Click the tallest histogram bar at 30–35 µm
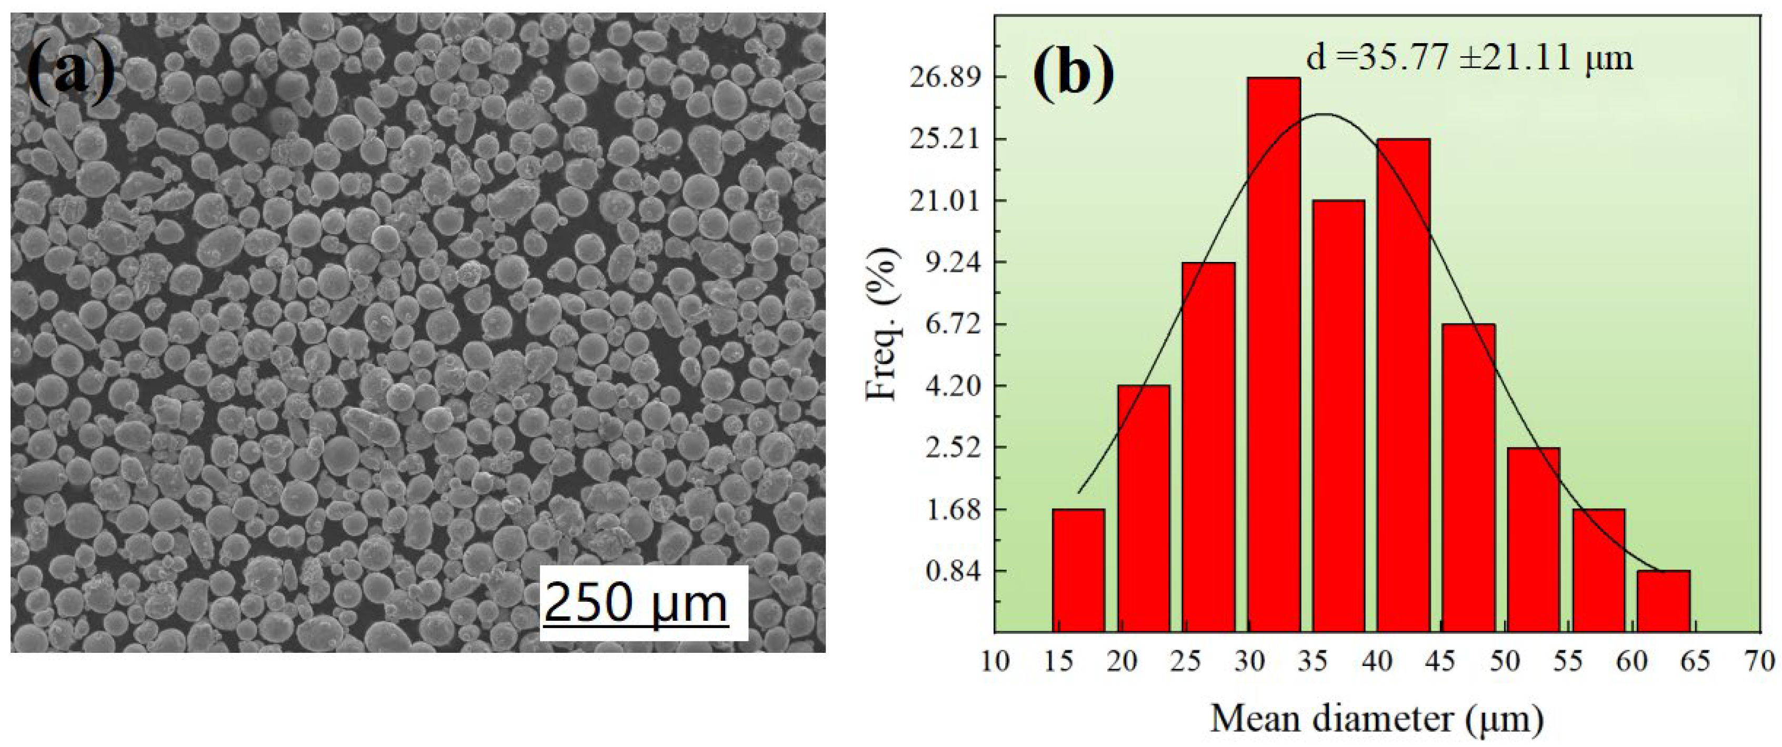(x=1274, y=365)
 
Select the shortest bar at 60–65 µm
(x=1663, y=601)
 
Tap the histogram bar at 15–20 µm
(x=1078, y=571)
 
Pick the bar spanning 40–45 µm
(x=1403, y=385)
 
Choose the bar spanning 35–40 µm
(x=1338, y=417)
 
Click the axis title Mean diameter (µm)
(x=1377, y=719)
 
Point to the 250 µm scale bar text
(x=635, y=602)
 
